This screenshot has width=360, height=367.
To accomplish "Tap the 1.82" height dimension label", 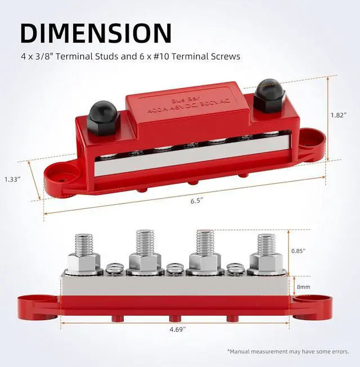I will [339, 114].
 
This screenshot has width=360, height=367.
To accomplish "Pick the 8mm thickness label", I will [303, 287].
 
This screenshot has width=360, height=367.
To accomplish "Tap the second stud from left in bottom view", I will [145, 246].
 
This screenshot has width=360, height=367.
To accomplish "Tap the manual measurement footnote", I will [288, 352].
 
